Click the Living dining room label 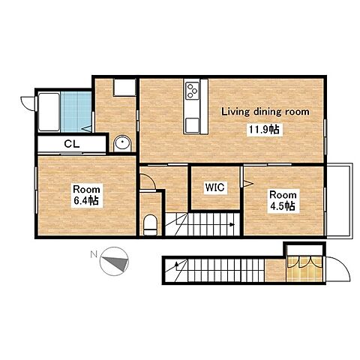click(265, 112)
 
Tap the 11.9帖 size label click(264, 130)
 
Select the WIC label click(214, 187)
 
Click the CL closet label click(72, 144)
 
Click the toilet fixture click(150, 224)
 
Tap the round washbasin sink click(122, 143)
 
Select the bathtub click(49, 112)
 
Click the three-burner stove click(193, 91)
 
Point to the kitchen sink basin click(192, 125)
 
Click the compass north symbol click(114, 261)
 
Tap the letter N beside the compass click(94, 255)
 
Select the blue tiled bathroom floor click(76, 112)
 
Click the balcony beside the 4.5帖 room click(339, 201)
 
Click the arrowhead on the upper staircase click(232, 224)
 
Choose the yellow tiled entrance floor click(304, 268)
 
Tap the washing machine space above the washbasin click(124, 87)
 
